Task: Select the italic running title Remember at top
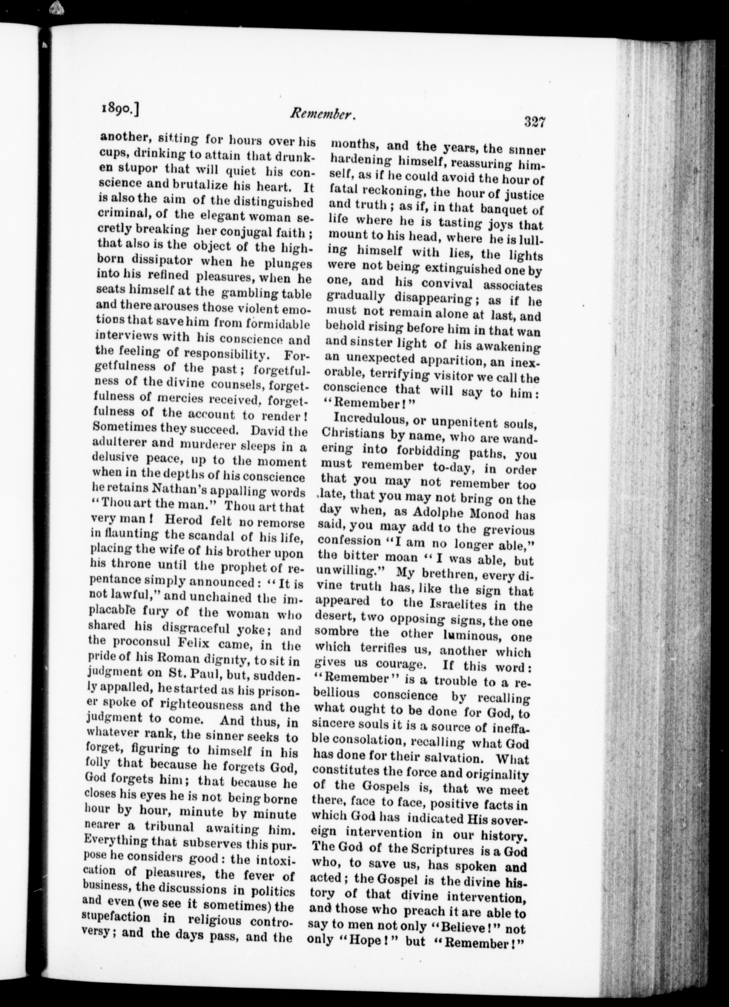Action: [x=323, y=115]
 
